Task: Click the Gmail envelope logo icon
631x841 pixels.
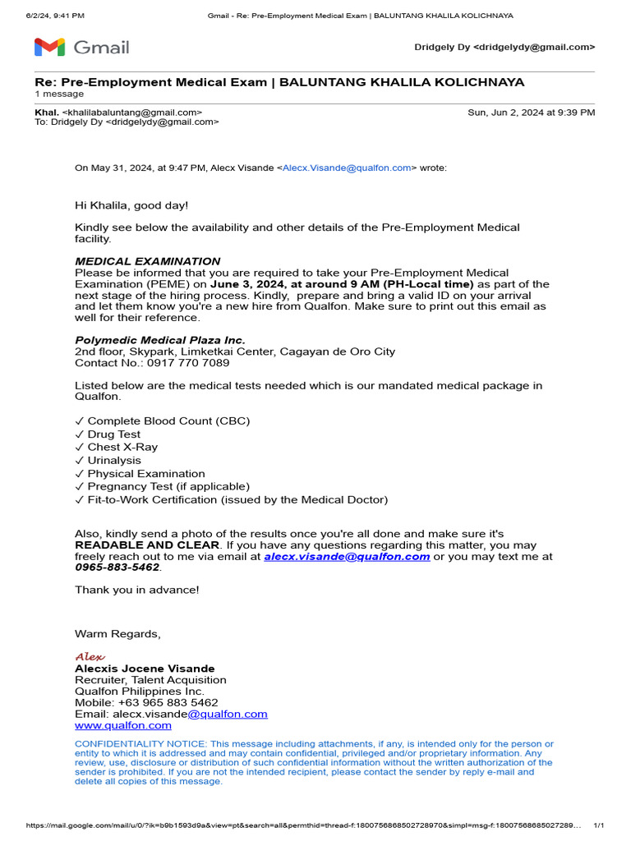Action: coord(49,48)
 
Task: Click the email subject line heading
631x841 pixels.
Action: coord(279,82)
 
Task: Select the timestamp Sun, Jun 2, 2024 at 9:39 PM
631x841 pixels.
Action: coord(531,113)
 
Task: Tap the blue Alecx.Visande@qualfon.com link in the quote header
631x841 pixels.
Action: coord(347,168)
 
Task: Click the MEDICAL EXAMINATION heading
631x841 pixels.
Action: coord(148,261)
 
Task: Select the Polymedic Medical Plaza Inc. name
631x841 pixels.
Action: coord(160,340)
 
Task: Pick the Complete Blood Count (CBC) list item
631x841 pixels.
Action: coord(168,421)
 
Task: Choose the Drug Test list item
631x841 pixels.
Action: coord(114,434)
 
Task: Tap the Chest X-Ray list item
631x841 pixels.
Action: coord(122,448)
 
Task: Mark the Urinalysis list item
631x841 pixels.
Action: coord(114,461)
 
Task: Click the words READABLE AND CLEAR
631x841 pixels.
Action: coord(147,545)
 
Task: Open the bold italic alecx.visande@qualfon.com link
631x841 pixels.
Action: coord(347,556)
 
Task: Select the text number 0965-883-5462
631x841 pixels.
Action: coord(117,568)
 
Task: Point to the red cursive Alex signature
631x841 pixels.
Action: coord(90,657)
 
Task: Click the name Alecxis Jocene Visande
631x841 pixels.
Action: coord(145,669)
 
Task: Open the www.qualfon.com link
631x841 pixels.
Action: coord(123,725)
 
